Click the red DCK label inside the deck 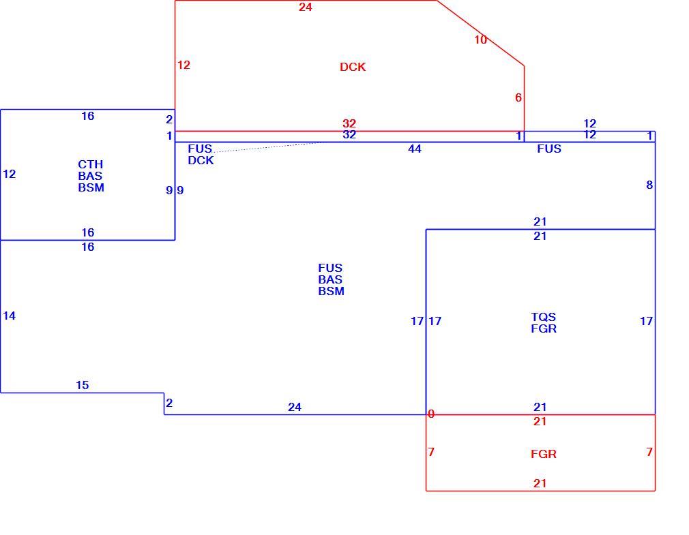353,67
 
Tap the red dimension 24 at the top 306,7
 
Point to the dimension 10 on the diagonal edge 480,40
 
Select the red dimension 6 518,97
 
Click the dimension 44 414,149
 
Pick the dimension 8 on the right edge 649,185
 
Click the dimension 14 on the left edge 10,316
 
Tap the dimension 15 82,385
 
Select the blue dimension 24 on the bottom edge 295,407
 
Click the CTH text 91,164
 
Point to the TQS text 544,317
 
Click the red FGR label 544,454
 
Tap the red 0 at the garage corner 431,414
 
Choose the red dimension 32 349,123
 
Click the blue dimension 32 349,135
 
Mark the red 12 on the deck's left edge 184,65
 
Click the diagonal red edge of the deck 481,33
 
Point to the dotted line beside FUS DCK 268,147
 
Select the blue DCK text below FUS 201,160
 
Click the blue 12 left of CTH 10,174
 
